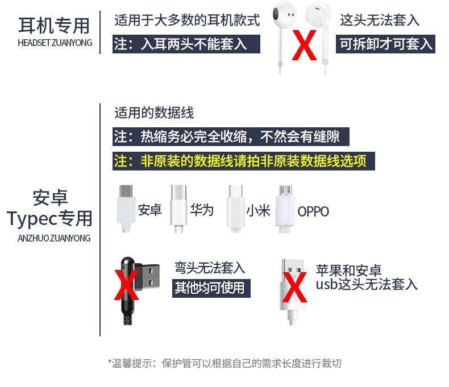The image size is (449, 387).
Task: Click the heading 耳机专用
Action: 54,26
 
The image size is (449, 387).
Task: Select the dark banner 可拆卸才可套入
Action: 386,44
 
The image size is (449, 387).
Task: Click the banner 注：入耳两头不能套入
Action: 188,44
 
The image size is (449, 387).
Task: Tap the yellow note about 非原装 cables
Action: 239,161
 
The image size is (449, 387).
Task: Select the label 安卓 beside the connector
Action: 149,210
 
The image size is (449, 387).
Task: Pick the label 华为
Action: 202,210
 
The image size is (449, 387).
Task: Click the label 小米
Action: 258,211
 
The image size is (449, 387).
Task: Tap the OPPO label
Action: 313,212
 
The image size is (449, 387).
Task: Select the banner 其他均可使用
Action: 209,288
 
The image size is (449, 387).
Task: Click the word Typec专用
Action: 49,218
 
